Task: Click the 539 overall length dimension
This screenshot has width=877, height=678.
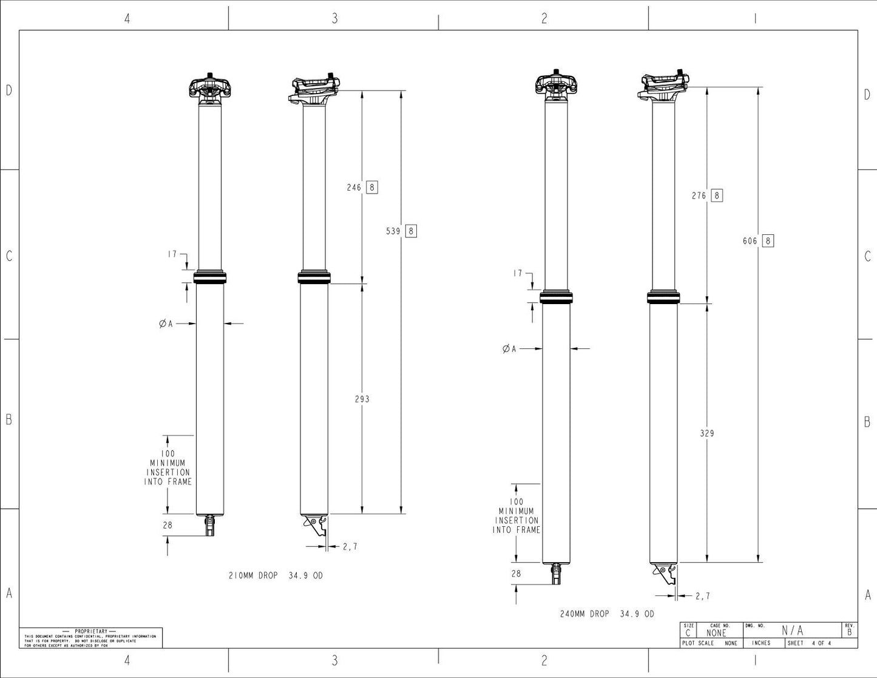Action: (393, 231)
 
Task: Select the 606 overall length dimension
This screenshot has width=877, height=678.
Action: (750, 241)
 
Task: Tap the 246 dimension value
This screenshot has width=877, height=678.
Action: (354, 188)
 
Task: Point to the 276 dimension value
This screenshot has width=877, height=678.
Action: (699, 195)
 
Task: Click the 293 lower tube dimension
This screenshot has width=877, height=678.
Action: (362, 399)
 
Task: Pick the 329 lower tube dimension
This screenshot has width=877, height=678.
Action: (707, 433)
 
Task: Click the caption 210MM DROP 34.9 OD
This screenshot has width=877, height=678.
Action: (276, 575)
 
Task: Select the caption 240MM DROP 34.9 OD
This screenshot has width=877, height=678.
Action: (607, 614)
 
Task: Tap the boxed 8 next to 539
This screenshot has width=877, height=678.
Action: (411, 231)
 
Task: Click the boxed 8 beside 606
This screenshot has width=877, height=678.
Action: (768, 241)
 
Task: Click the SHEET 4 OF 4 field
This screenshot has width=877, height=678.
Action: (809, 643)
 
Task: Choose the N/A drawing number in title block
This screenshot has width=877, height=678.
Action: (792, 631)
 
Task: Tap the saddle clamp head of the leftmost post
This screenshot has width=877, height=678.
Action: (210, 89)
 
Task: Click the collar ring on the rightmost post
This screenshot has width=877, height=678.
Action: (663, 297)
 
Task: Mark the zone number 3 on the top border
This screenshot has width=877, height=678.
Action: (334, 18)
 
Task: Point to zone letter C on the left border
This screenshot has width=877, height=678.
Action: (8, 256)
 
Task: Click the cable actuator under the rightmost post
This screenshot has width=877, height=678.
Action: (665, 574)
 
